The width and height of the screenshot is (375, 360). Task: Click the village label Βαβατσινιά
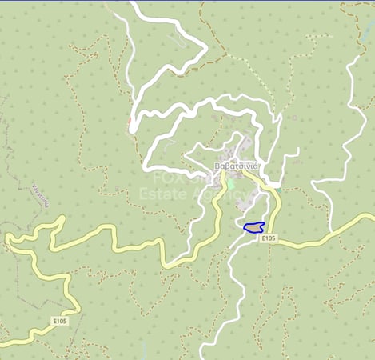coord(238,166)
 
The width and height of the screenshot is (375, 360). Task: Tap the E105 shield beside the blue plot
coord(269,238)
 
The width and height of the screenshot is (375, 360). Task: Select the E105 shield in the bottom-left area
coord(59,321)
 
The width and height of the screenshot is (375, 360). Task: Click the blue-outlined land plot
coord(254,228)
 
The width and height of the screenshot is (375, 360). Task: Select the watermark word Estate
coord(159,194)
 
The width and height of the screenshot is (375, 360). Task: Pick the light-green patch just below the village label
coord(231,183)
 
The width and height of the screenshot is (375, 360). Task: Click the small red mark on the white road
coord(129,122)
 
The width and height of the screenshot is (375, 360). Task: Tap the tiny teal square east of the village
coord(294,118)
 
